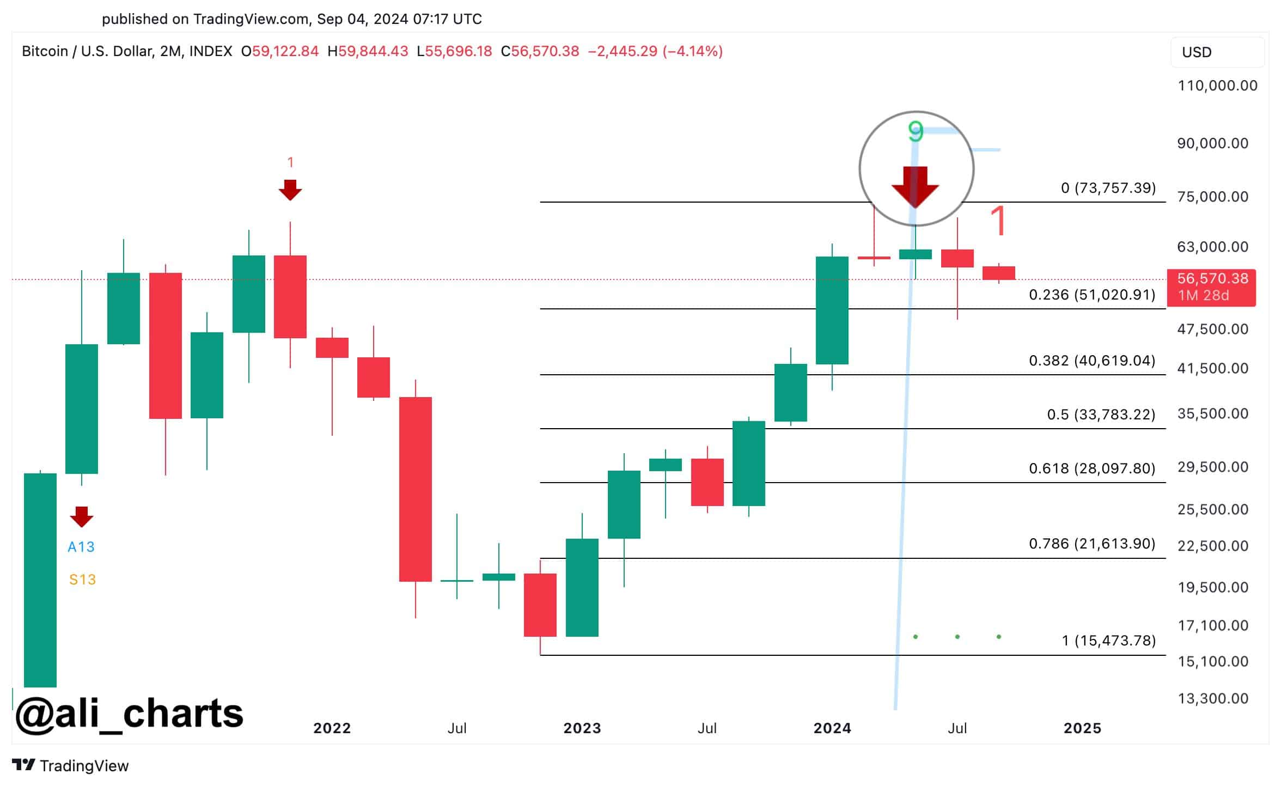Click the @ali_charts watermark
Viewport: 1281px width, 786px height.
(130, 714)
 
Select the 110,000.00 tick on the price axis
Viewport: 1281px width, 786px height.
(1217, 86)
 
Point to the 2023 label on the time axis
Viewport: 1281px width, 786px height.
(582, 728)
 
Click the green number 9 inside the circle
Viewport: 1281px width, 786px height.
(916, 131)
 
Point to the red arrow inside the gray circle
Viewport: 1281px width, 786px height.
(915, 186)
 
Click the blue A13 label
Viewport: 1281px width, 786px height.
(81, 547)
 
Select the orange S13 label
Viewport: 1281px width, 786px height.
(82, 580)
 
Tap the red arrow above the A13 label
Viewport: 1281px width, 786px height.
(82, 516)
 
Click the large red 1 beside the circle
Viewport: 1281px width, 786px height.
(998, 221)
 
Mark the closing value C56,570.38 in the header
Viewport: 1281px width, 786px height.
(540, 51)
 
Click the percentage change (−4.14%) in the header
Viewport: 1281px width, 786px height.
(692, 51)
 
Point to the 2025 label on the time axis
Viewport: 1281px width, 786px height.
(1082, 728)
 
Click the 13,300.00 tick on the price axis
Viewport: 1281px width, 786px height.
(1212, 698)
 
